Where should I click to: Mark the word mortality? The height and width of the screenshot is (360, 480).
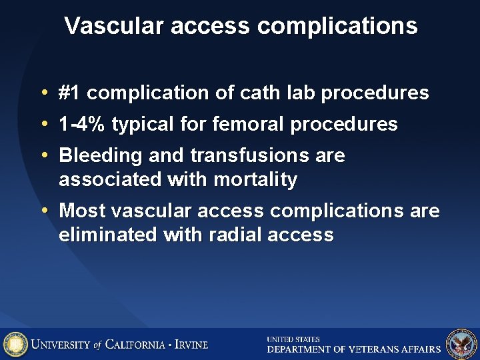(x=255, y=179)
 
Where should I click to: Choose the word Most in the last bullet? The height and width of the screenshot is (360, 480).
(x=83, y=211)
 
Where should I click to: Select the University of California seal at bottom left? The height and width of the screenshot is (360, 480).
(x=15, y=344)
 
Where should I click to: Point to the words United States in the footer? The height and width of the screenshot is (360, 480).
(x=293, y=339)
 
